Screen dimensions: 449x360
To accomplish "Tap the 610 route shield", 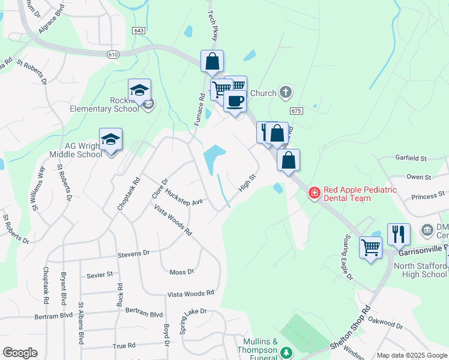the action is (x=113, y=55).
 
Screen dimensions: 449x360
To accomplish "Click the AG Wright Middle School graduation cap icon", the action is (x=111, y=140).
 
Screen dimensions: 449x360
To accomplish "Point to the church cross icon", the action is (x=286, y=93).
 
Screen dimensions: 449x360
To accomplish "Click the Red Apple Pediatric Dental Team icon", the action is (x=313, y=193).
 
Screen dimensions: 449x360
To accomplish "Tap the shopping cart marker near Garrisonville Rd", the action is (x=370, y=247).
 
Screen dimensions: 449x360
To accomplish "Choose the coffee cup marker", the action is (x=235, y=100).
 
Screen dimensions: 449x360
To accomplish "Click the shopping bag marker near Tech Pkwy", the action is (x=212, y=61).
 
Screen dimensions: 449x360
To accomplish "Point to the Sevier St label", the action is (x=100, y=274).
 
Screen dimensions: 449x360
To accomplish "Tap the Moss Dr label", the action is (x=182, y=272).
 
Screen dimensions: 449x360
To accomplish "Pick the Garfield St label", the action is (x=411, y=158).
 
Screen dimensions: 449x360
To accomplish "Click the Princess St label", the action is (x=427, y=195).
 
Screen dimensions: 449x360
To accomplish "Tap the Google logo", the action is (x=20, y=353).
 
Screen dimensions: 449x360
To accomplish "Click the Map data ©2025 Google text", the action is (x=411, y=355).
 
